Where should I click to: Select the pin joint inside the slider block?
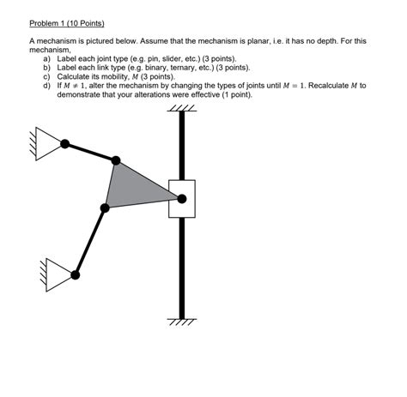pyautogui.click(x=181, y=199)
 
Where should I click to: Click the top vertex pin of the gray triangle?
pyautogui.click(x=116, y=159)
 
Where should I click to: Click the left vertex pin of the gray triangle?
pyautogui.click(x=105, y=207)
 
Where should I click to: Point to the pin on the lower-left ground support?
pyautogui.click(x=76, y=275)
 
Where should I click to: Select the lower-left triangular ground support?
pyautogui.click(x=61, y=274)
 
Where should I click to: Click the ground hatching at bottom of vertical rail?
pyautogui.click(x=181, y=322)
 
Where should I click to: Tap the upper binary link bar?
pyautogui.click(x=90, y=151)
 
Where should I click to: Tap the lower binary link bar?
pyautogui.click(x=90, y=241)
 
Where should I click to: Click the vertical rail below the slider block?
pyautogui.click(x=181, y=266)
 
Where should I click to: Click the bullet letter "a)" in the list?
pyautogui.click(x=47, y=57)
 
